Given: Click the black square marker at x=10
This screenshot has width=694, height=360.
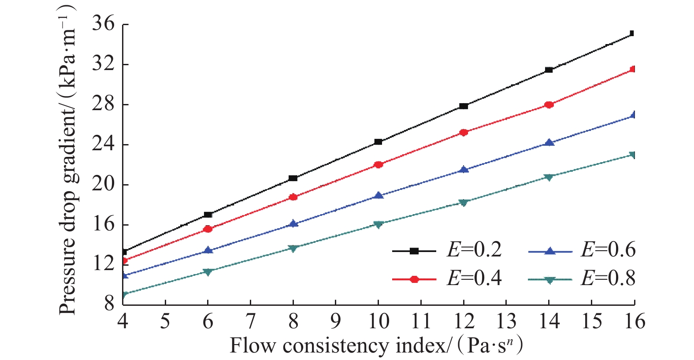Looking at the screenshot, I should pos(378,142).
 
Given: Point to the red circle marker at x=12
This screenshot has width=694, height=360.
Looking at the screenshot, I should pos(463,132).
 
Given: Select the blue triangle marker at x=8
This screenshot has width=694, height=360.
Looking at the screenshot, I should pos(293,223).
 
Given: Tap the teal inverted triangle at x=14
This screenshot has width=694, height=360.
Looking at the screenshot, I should pos(549,177).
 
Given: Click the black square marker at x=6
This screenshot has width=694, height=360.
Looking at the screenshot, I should pos(208,215).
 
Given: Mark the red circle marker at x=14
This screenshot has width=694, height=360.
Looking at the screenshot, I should pos(549,104).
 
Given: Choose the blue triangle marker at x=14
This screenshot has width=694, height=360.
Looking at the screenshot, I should pos(549,142).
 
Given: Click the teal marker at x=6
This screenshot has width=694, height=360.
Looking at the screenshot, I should pos(208,272).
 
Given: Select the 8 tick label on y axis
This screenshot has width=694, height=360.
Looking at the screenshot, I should pos(109,304).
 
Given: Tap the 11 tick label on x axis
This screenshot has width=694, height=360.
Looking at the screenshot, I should pos(421,321).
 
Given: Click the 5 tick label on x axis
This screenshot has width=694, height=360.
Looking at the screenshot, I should pos(165,321).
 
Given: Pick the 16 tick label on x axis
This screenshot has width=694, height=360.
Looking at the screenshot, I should pos(634,321).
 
